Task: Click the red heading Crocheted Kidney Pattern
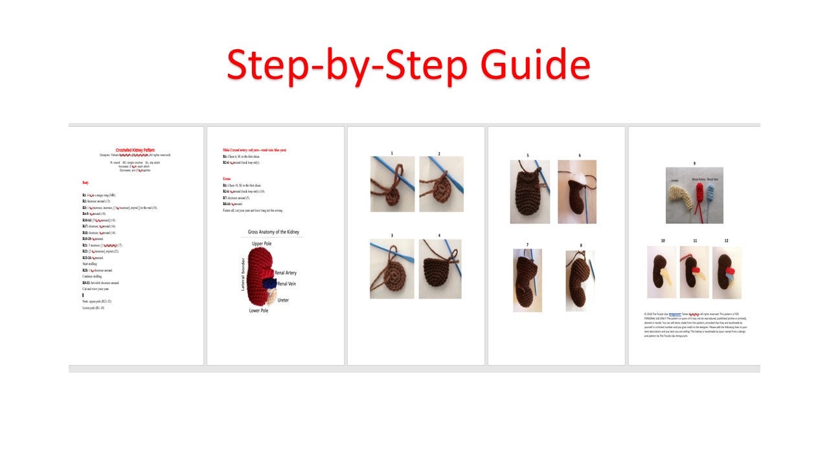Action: [x=135, y=150]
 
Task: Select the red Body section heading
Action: [x=86, y=183]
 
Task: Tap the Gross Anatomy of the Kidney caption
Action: [x=273, y=232]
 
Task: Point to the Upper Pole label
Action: [x=262, y=243]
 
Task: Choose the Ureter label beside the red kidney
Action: [x=283, y=300]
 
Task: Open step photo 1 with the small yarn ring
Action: [x=392, y=184]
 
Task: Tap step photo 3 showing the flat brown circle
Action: [x=392, y=269]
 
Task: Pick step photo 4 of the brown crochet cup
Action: [x=440, y=269]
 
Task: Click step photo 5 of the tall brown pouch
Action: [x=530, y=192]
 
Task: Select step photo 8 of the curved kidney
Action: [x=580, y=281]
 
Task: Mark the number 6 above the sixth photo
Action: [x=580, y=155]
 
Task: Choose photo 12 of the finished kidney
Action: [x=727, y=272]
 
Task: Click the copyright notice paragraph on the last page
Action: [x=695, y=324]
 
